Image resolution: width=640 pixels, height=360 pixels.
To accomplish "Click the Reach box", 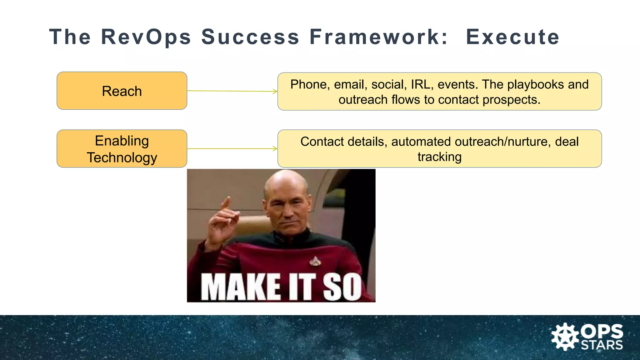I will pos(122,91).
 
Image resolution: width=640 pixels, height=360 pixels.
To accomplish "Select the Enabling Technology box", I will pos(122,149).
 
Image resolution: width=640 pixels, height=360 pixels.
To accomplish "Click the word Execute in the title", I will pos(512,37).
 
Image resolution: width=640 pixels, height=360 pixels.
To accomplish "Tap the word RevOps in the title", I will pos(146,37).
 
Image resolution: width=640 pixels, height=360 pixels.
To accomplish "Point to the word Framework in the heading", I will pos(379,37).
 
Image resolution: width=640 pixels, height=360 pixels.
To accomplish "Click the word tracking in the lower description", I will pos(439,157).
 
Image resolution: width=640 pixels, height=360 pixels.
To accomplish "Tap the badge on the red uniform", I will pos(315,261).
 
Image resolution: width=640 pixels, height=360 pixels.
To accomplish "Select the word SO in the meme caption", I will pos(342,287).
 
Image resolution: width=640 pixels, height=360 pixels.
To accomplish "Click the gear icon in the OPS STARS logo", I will pos(564,337).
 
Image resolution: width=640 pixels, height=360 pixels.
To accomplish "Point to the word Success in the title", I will pos(250,37).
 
